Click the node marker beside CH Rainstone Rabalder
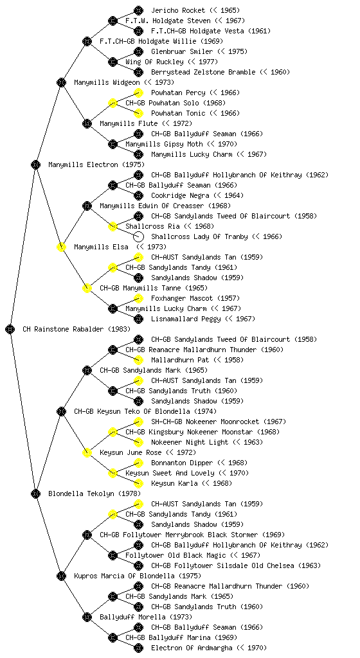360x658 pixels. pyautogui.click(x=10, y=329)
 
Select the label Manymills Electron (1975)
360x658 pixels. pyautogui.click(x=96, y=164)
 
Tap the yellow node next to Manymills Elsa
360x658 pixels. pyautogui.click(x=61, y=247)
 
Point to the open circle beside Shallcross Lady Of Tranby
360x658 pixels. pyautogui.click(x=138, y=236)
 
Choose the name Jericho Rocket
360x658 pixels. pyautogui.click(x=178, y=10)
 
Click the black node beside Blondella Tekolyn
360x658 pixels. pyautogui.click(x=35, y=493)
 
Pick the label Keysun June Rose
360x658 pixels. pyautogui.click(x=130, y=452)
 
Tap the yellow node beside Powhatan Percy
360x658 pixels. pyautogui.click(x=138, y=93)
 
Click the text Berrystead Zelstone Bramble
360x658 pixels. pyautogui.click(x=203, y=72)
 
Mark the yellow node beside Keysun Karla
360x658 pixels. pyautogui.click(x=138, y=483)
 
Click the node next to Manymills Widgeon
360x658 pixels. pyautogui.click(x=61, y=82)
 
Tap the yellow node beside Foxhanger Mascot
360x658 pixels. pyautogui.click(x=138, y=298)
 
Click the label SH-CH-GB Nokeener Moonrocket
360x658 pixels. pyautogui.click(x=205, y=422)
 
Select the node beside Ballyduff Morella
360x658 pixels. pyautogui.click(x=87, y=617)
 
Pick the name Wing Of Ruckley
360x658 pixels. pyautogui.click(x=154, y=62)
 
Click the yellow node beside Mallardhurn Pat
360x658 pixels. pyautogui.click(x=138, y=360)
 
